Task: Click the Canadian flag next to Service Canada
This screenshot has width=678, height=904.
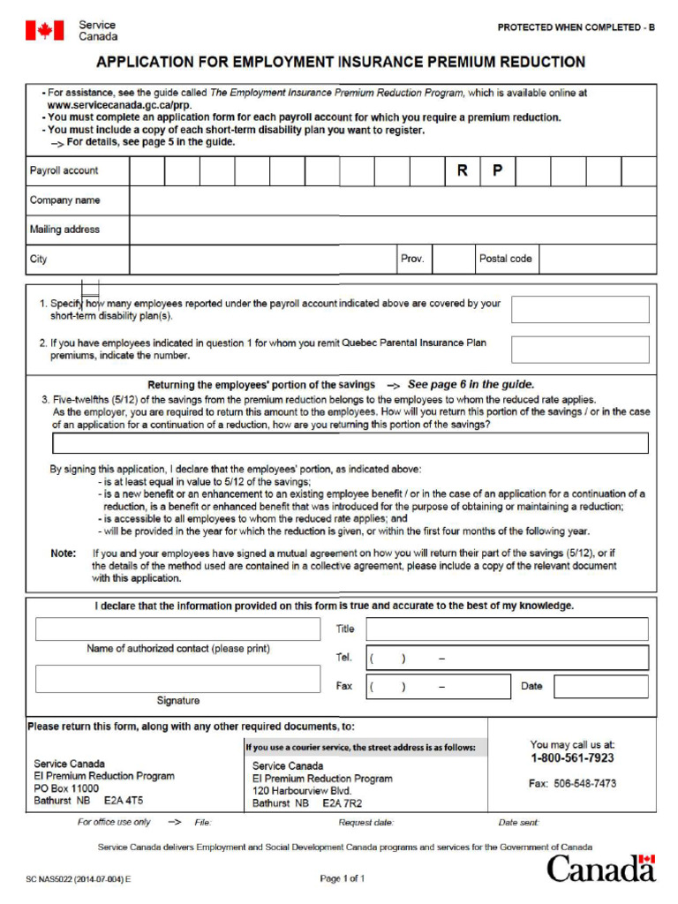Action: (x=44, y=31)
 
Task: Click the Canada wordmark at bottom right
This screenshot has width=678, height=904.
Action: (x=601, y=868)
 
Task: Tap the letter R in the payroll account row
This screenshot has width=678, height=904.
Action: (x=462, y=171)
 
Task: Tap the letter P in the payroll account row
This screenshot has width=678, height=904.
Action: (x=497, y=171)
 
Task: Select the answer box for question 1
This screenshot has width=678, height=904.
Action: (x=580, y=310)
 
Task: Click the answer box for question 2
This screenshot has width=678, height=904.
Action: (x=580, y=350)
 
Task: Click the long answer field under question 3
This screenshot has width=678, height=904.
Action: (x=350, y=443)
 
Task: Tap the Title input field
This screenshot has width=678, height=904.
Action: (x=507, y=629)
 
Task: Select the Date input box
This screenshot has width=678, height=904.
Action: (x=600, y=687)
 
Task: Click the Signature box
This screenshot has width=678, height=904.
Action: (x=177, y=679)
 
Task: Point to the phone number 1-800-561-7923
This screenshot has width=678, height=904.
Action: (x=572, y=758)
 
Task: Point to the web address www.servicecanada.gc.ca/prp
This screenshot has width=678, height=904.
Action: (x=119, y=105)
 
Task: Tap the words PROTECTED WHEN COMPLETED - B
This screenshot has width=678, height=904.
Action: (x=576, y=27)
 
